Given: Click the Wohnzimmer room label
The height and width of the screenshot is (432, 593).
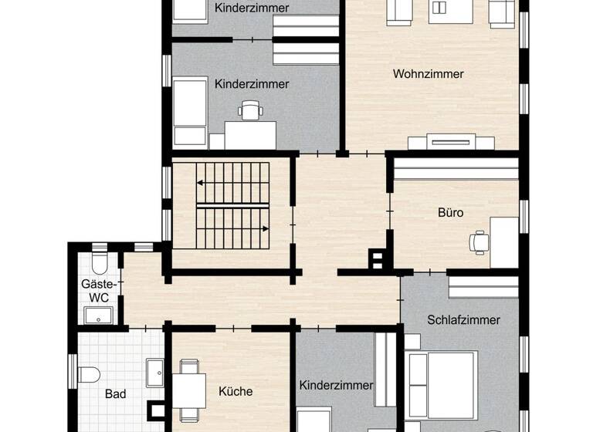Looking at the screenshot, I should (x=428, y=74).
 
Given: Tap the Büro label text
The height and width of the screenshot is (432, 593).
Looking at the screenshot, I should (x=450, y=212).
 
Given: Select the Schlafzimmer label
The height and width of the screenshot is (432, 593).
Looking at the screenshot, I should (x=463, y=319).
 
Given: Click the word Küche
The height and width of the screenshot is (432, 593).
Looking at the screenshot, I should (x=236, y=391).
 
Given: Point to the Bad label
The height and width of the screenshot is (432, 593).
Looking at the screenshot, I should (x=115, y=394).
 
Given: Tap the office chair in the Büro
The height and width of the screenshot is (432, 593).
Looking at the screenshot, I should (x=478, y=241).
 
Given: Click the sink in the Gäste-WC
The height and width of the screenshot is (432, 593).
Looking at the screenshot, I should (x=99, y=315).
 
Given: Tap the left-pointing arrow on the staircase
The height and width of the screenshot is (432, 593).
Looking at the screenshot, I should (x=201, y=183).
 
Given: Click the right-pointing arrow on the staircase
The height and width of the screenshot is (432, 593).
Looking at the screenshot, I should (x=266, y=228).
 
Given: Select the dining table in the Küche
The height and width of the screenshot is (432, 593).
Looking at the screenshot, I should (x=188, y=392).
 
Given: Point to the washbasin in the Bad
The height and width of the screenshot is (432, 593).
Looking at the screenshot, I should (x=154, y=373).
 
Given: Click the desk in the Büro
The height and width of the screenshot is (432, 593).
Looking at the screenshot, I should (x=503, y=241).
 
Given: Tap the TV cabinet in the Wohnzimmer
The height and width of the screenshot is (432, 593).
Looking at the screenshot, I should (x=451, y=142).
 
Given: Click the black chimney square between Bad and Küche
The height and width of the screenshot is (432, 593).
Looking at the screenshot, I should (x=157, y=410).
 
